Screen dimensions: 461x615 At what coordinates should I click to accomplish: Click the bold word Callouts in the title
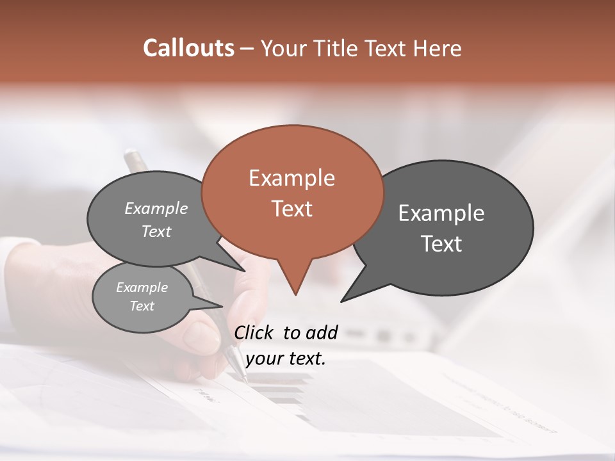188,48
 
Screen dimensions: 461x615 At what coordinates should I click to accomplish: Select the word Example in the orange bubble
291,177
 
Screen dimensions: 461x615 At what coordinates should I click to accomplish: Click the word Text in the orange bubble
291,208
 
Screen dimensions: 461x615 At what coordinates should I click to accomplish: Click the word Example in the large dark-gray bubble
441,213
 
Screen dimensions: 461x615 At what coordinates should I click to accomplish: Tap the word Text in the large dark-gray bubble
441,243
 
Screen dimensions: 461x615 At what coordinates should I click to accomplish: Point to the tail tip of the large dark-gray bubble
342,300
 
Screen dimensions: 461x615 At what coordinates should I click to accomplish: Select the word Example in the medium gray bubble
156,208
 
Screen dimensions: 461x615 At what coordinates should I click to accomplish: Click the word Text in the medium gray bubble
156,231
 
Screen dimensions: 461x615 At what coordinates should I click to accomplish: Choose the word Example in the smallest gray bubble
142,287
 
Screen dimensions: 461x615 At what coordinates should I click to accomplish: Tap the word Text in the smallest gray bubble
142,306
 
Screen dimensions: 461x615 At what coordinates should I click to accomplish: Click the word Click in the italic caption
256,332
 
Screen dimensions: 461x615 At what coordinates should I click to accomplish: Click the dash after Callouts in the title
247,49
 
